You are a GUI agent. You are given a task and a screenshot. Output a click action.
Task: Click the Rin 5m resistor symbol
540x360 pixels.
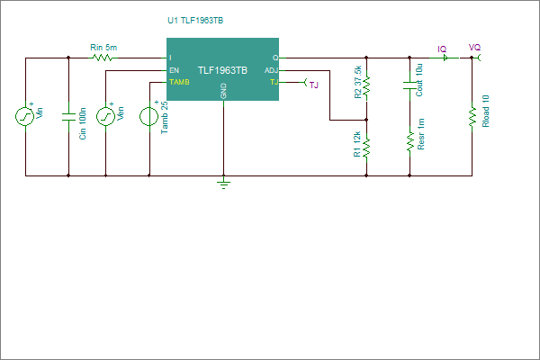pyautogui.click(x=103, y=58)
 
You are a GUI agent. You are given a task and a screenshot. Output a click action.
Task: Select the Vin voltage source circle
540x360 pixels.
pyautogui.click(x=25, y=116)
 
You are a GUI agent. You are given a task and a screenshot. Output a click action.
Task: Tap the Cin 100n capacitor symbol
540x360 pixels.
pyautogui.click(x=68, y=117)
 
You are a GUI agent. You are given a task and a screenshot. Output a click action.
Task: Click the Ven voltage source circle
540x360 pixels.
pyautogui.click(x=105, y=116)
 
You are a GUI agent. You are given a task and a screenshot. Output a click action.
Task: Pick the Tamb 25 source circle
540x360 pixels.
pyautogui.click(x=149, y=116)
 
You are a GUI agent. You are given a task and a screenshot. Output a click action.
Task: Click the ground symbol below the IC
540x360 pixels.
pyautogui.click(x=224, y=183)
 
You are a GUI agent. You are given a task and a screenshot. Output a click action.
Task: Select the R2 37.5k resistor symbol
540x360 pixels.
pyautogui.click(x=366, y=85)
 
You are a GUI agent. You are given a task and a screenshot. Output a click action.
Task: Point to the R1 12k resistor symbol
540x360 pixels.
pyautogui.click(x=366, y=148)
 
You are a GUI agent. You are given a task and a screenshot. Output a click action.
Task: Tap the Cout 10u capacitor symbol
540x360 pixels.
pyautogui.click(x=409, y=85)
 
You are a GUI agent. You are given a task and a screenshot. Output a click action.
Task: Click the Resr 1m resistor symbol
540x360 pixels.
pyautogui.click(x=409, y=141)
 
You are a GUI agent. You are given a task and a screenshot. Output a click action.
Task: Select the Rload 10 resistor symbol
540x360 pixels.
pyautogui.click(x=472, y=116)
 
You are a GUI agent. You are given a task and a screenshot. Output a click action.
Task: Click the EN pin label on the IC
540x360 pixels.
pyautogui.click(x=175, y=70)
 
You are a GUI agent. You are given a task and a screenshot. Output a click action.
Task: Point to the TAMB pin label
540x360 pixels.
pyautogui.click(x=179, y=82)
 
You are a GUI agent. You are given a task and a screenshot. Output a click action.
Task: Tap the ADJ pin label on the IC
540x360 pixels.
pyautogui.click(x=271, y=70)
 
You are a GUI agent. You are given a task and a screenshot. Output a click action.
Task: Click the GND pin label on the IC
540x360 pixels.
pyautogui.click(x=223, y=91)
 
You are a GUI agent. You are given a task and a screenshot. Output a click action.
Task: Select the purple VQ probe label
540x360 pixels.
pyautogui.click(x=474, y=47)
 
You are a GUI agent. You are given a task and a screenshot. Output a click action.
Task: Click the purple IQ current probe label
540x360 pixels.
pyautogui.click(x=442, y=49)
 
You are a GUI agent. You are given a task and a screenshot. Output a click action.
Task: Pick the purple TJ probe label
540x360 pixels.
pyautogui.click(x=314, y=85)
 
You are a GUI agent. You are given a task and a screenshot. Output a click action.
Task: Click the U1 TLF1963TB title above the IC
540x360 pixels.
pyautogui.click(x=195, y=21)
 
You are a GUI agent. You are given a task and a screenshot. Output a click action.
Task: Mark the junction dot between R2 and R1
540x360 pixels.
pyautogui.click(x=366, y=120)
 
